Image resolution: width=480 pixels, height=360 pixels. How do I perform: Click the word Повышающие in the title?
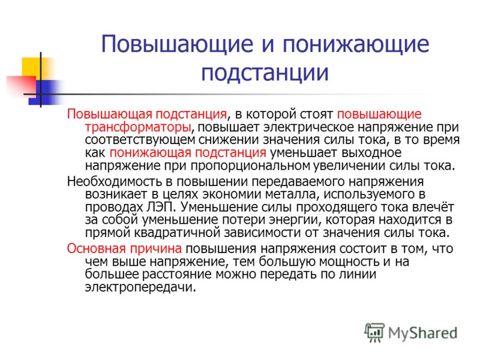click(x=177, y=44)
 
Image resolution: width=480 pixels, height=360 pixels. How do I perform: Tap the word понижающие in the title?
click(x=355, y=44)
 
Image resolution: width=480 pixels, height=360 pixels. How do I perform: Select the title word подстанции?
click(x=265, y=73)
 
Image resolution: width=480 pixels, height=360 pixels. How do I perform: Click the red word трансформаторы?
click(x=138, y=127)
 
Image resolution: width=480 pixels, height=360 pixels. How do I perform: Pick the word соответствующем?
click(x=140, y=140)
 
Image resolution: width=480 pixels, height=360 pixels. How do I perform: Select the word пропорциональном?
click(x=250, y=166)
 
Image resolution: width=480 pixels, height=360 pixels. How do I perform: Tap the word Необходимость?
click(x=114, y=182)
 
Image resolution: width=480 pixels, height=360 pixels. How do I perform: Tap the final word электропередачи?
click(x=140, y=287)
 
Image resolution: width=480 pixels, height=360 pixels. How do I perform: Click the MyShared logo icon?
click(x=374, y=332)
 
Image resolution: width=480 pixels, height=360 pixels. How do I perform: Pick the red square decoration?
click(x=21, y=85)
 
